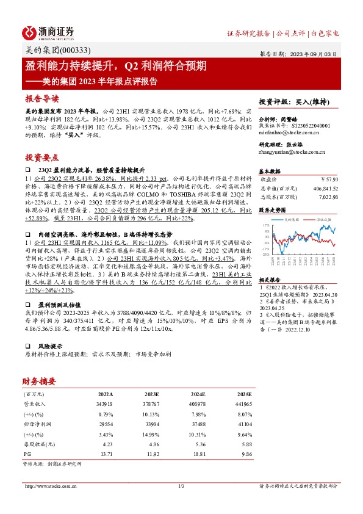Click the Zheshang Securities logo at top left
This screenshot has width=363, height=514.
pyautogui.click(x=48, y=32)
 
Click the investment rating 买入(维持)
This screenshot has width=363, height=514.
pyautogui.click(x=311, y=101)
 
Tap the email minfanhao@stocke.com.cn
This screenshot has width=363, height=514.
pyautogui.click(x=286, y=132)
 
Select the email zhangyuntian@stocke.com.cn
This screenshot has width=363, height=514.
pyautogui.click(x=289, y=153)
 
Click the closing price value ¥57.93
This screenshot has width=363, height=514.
pyautogui.click(x=328, y=180)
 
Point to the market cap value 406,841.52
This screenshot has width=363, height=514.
pyautogui.click(x=323, y=189)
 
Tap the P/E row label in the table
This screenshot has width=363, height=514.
pyautogui.click(x=28, y=455)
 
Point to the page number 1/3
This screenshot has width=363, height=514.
pyautogui.click(x=181, y=486)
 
